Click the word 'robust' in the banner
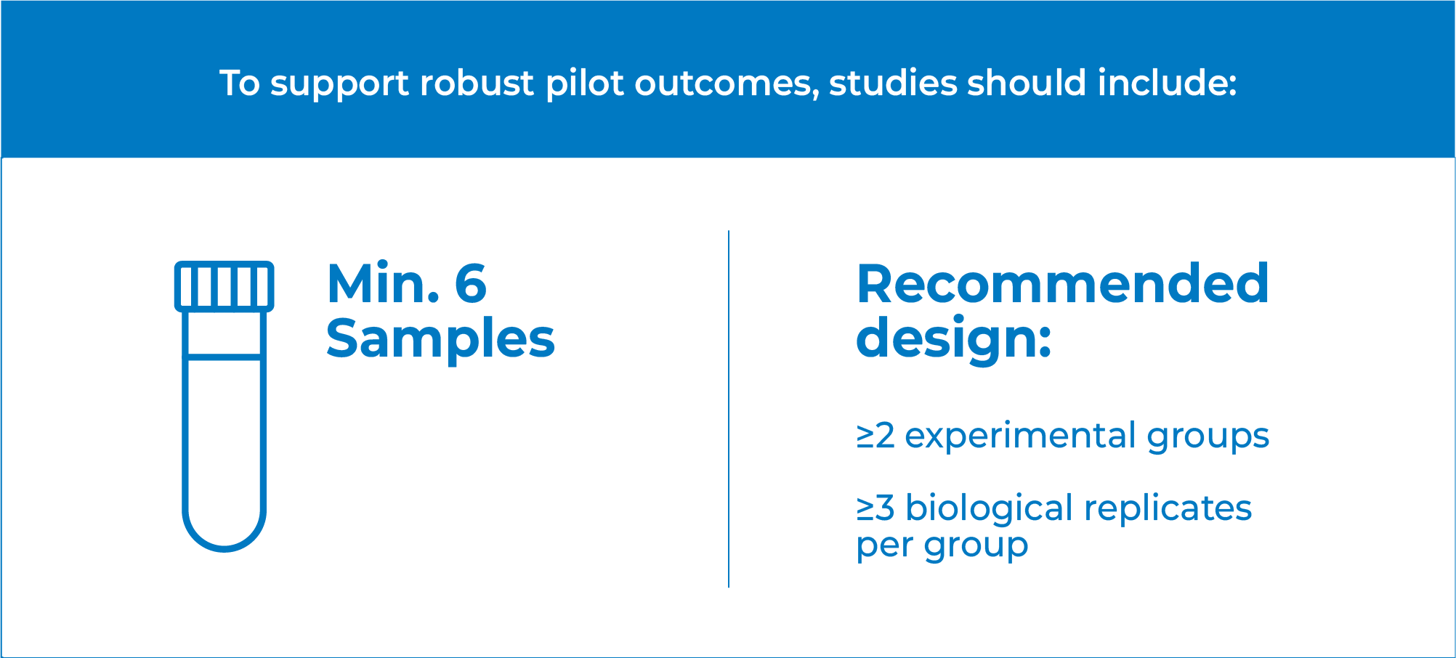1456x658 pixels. pyautogui.click(x=477, y=83)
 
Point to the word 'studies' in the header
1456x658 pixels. pyautogui.click(x=892, y=83)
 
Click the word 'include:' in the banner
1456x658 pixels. pyautogui.click(x=1167, y=83)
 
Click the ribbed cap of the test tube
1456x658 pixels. pyautogui.click(x=225, y=286)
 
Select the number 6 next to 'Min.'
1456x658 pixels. pyautogui.click(x=471, y=283)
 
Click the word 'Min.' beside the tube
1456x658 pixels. pyautogui.click(x=384, y=283)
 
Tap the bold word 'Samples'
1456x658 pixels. pyautogui.click(x=440, y=338)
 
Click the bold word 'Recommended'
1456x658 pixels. pyautogui.click(x=1062, y=283)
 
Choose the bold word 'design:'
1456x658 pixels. pyautogui.click(x=954, y=338)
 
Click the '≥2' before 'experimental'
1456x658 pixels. pyautogui.click(x=875, y=436)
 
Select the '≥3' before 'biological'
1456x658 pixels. pyautogui.click(x=875, y=508)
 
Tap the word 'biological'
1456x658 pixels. pyautogui.click(x=989, y=508)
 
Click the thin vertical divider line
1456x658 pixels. pyautogui.click(x=728, y=409)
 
